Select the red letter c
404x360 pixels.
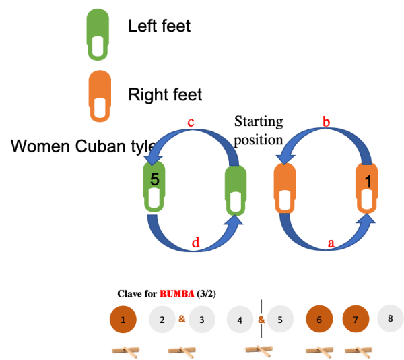[x=191, y=123]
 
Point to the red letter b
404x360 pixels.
[x=327, y=123]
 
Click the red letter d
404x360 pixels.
[x=196, y=244]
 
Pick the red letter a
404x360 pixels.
[x=331, y=244]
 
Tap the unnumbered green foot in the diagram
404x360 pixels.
[x=235, y=191]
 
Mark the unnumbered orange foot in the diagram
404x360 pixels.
[x=285, y=191]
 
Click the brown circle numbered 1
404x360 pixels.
[x=123, y=320]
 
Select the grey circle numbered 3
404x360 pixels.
[x=203, y=320]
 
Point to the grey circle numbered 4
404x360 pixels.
[x=240, y=320]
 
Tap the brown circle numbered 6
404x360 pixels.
[x=318, y=320]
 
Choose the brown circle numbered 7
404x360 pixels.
[x=356, y=320]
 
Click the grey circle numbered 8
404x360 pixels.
[x=391, y=318]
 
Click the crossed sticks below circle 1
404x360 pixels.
[x=127, y=351]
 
